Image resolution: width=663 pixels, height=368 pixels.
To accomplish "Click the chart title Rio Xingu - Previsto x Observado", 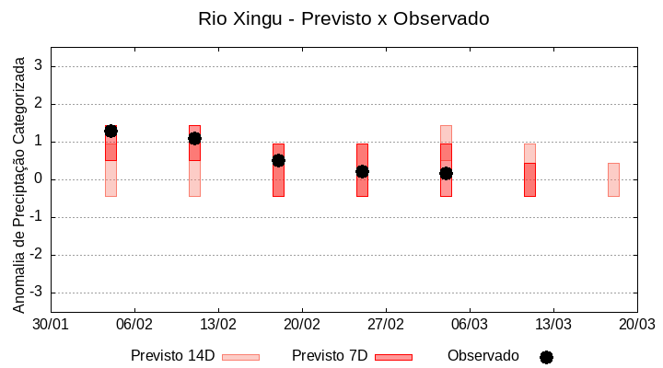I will click(x=343, y=18).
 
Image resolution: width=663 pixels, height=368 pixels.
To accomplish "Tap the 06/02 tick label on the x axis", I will click(x=134, y=325).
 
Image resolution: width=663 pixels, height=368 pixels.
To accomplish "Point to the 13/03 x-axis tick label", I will click(x=553, y=325).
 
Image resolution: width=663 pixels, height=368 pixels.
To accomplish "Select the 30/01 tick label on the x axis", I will click(x=51, y=325).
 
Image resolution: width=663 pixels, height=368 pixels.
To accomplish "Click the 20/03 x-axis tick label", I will click(x=636, y=325).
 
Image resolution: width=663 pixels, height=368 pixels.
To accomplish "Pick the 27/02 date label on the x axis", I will click(x=386, y=325).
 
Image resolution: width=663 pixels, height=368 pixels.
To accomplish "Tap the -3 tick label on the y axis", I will click(x=37, y=293).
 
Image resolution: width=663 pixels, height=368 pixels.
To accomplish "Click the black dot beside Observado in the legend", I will click(x=546, y=357).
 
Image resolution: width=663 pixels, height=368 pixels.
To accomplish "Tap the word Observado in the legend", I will click(x=483, y=355).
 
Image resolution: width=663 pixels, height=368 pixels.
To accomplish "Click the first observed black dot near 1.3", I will click(x=110, y=131).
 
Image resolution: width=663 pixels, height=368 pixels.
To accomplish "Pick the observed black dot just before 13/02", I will click(x=194, y=138).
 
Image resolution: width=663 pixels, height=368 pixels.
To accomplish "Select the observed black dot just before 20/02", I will click(x=278, y=160).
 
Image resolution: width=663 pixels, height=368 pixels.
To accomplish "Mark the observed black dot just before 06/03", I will click(x=446, y=173).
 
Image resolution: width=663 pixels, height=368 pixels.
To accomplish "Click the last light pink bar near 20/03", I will click(x=613, y=179).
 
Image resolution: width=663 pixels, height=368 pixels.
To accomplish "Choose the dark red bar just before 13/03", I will click(x=529, y=179).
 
